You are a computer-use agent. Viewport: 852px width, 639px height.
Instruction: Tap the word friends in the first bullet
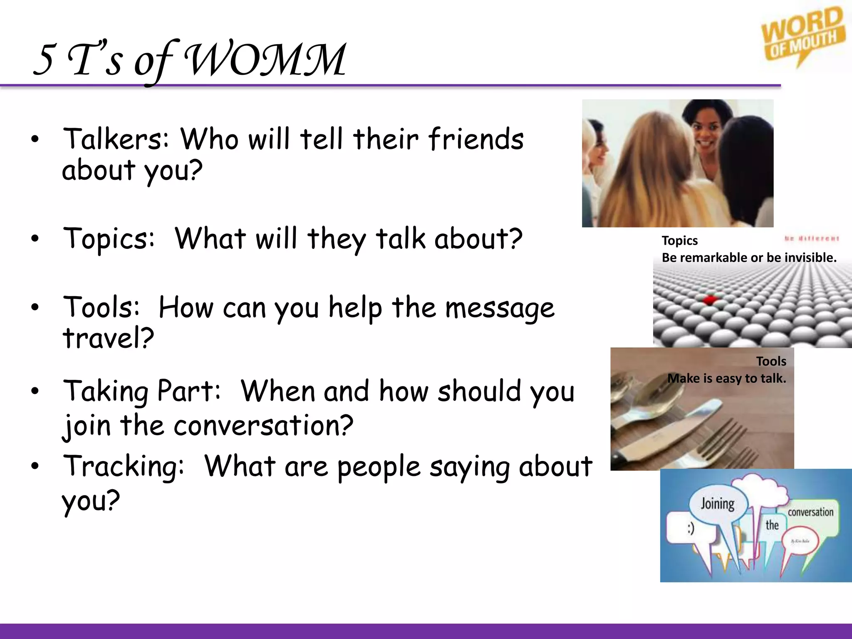[476, 139]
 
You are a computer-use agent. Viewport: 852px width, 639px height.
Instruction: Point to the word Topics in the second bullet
[109, 239]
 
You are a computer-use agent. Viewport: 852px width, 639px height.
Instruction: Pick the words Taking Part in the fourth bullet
[141, 391]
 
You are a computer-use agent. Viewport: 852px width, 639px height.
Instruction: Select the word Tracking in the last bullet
[123, 466]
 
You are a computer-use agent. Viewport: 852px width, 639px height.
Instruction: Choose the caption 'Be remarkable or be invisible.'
[749, 258]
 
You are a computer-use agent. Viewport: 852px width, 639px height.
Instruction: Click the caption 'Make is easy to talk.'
[726, 379]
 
